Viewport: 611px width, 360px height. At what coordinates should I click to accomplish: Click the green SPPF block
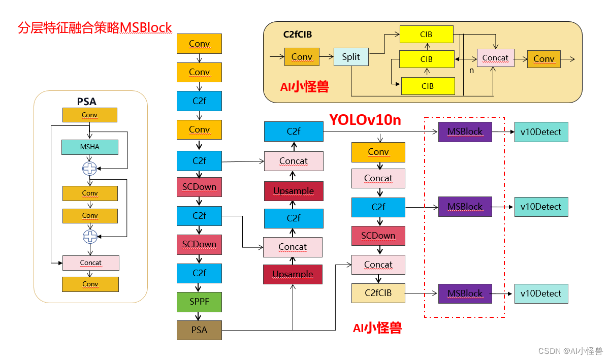(199, 302)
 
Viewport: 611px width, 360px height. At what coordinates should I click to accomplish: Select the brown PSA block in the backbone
(199, 330)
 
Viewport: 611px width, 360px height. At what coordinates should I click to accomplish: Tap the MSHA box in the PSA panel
(90, 147)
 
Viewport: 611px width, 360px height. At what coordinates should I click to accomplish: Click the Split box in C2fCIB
(351, 57)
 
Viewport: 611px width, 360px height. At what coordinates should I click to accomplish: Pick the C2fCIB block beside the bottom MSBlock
(378, 293)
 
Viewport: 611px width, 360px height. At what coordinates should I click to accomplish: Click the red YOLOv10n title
(365, 120)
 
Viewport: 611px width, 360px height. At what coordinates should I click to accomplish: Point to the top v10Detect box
(541, 132)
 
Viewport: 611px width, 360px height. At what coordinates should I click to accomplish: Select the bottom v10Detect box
(541, 293)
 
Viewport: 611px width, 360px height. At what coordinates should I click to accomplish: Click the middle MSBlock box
(465, 207)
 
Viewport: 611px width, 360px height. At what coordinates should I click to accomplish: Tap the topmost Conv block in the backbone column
(199, 44)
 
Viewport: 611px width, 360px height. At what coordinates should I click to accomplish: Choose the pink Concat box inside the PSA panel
(90, 263)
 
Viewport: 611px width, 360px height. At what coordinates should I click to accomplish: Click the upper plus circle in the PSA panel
(90, 169)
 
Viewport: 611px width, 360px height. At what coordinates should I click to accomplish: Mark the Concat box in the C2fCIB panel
(495, 58)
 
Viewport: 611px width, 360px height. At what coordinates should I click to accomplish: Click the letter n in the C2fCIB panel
(471, 71)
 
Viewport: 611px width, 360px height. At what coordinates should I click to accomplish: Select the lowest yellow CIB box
(428, 86)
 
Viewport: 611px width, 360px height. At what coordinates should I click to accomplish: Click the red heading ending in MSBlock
(95, 27)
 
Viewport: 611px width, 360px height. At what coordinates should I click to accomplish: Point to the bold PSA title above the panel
(86, 102)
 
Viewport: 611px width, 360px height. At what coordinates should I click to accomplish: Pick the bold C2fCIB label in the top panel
(298, 35)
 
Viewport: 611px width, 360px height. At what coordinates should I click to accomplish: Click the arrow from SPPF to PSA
(199, 316)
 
